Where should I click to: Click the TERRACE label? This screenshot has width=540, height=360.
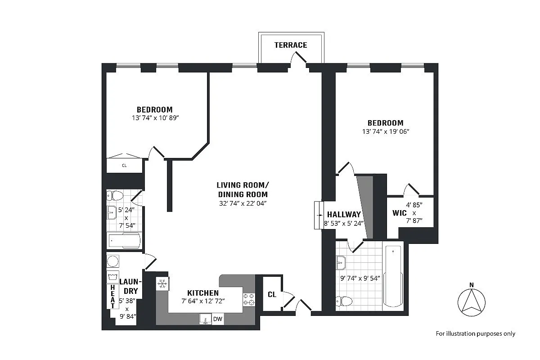pos(291,45)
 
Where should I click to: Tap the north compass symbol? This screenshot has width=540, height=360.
pos(471,302)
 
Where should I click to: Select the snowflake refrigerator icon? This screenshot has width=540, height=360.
pos(162,283)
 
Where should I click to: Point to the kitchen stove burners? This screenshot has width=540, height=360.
pos(249,299)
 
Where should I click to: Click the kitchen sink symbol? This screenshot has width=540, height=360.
pos(205,319)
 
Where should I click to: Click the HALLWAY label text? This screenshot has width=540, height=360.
pos(344,215)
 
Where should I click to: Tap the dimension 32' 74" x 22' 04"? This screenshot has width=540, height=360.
pos(242,203)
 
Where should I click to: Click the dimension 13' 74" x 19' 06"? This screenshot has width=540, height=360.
pos(385,131)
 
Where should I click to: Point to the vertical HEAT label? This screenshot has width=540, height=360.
pos(112,297)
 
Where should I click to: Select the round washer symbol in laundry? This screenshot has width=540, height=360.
pos(112,261)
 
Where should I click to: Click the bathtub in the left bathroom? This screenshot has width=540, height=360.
pos(124,241)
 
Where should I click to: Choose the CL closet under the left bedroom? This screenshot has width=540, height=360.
pos(124,166)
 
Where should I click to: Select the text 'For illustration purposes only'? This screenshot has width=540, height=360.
pos(475,333)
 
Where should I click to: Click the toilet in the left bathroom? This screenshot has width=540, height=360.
pos(116,195)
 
